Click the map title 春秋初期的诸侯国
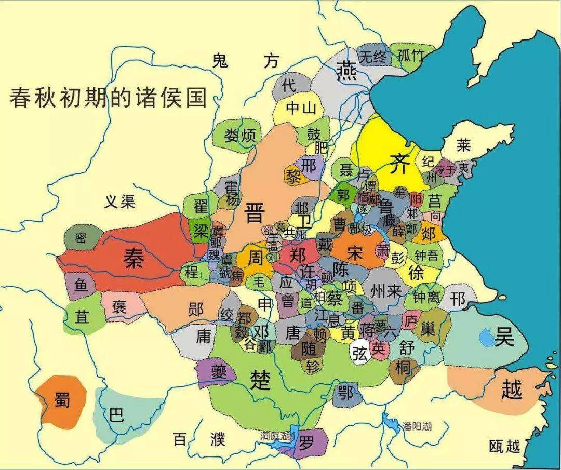[x=108, y=98]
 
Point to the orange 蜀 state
[x=62, y=400]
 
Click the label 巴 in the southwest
[x=117, y=414]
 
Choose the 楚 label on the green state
[x=260, y=380]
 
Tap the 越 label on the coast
[x=511, y=388]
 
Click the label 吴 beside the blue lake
[x=503, y=338]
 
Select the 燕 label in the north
[x=346, y=70]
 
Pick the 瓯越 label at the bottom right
[x=504, y=446]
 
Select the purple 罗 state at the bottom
[x=306, y=443]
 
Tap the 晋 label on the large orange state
[x=255, y=212]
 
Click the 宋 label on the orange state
[x=356, y=253]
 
